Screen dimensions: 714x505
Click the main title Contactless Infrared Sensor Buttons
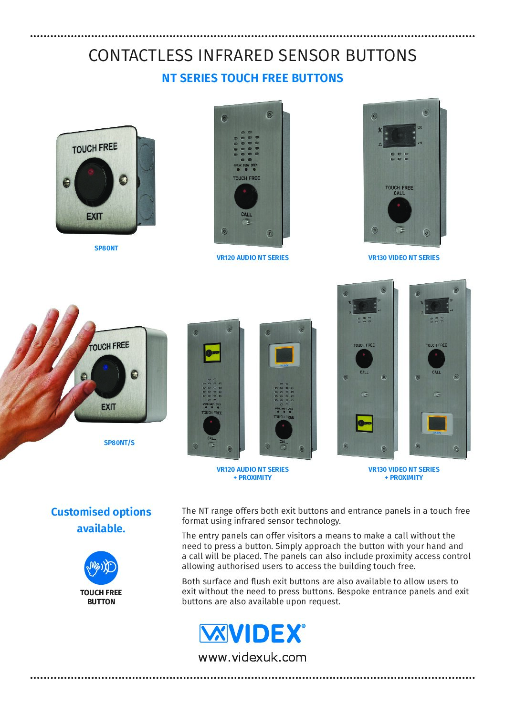pos(252,56)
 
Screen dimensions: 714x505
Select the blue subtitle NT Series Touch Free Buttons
pos(252,78)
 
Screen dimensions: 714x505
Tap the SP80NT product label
pos(106,248)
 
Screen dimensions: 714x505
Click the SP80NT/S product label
pos(119,443)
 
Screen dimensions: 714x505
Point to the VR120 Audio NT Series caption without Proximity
pos(252,258)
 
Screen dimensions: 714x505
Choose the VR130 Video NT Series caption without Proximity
pos(404,258)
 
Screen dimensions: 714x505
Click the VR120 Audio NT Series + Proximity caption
pos(252,473)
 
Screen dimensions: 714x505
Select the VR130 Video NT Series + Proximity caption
pos(404,473)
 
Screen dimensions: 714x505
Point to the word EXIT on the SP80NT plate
pos(95,216)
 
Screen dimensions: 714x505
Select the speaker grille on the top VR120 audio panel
pos(246,146)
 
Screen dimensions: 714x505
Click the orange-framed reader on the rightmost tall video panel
pos(435,423)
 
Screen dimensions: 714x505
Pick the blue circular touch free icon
pos(101,568)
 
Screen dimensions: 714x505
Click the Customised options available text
pos(101,520)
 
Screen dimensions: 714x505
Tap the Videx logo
pos(252,633)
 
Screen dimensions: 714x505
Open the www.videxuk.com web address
pos(252,657)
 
